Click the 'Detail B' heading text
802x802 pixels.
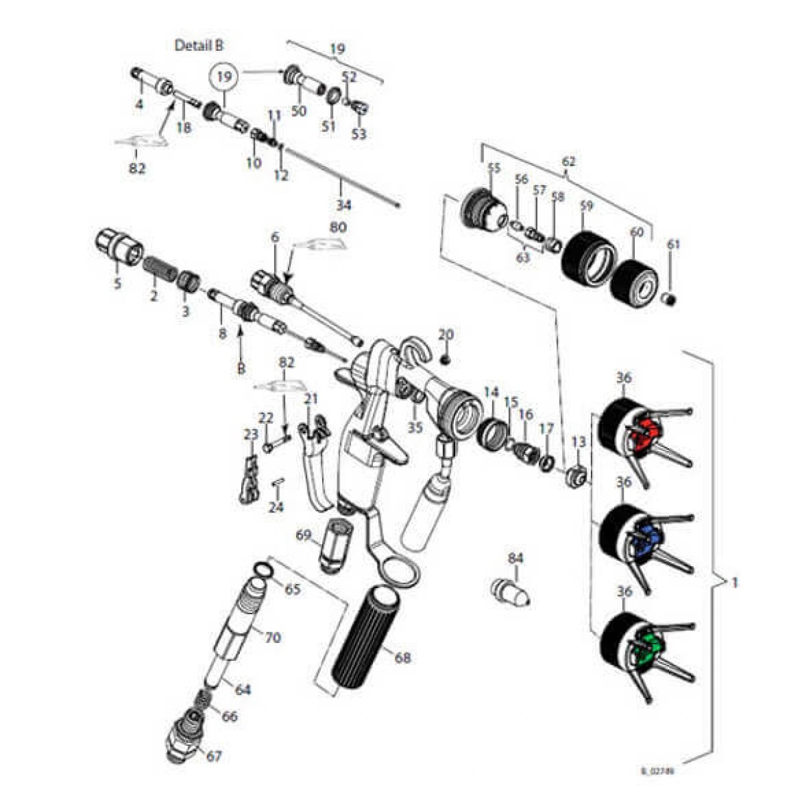click(x=199, y=45)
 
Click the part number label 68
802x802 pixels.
click(x=402, y=658)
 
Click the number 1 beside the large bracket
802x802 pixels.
click(x=734, y=582)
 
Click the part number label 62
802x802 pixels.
click(x=568, y=161)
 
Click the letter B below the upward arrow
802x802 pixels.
click(x=239, y=368)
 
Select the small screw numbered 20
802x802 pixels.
click(x=446, y=359)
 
